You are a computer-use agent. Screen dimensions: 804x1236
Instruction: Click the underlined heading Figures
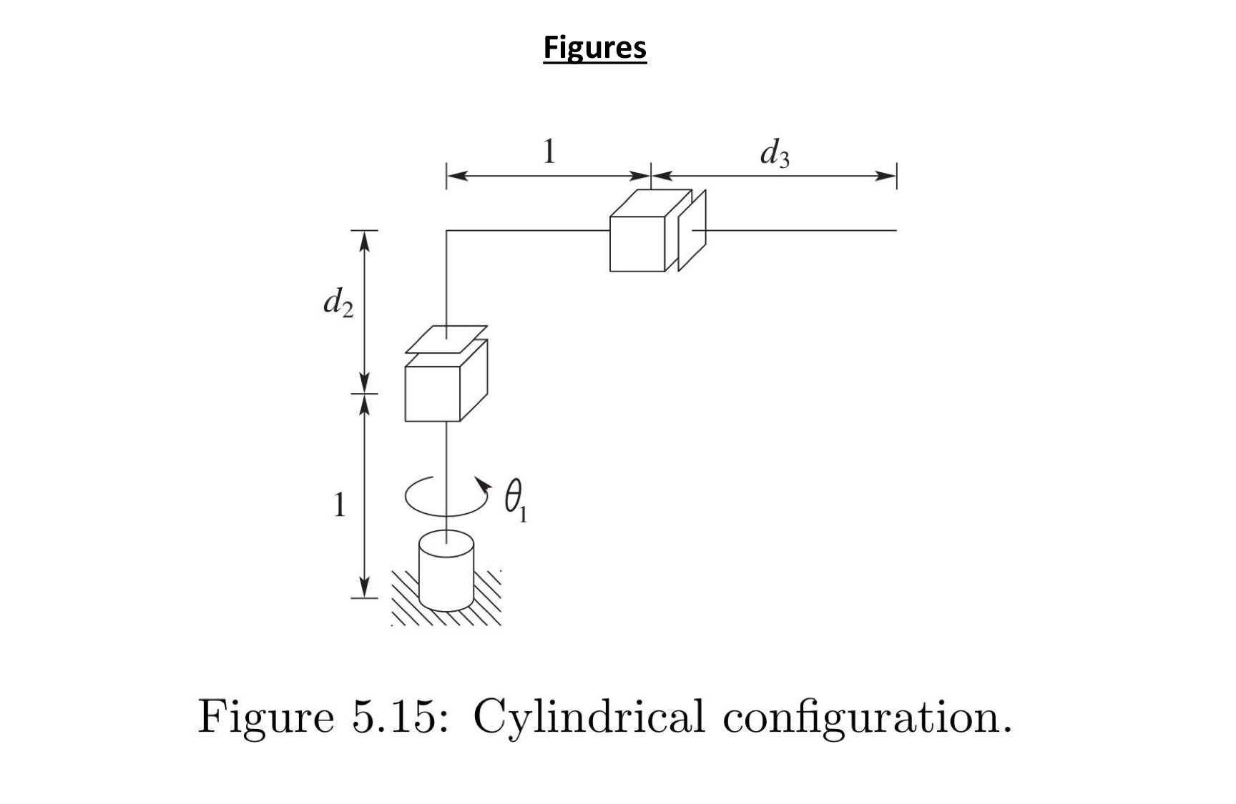point(594,48)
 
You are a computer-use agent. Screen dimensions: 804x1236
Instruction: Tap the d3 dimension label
point(775,153)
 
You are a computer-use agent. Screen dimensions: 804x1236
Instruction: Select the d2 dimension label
point(338,302)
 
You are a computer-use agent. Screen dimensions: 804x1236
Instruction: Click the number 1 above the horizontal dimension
point(549,152)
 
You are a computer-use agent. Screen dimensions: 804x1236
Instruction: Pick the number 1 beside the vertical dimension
point(340,505)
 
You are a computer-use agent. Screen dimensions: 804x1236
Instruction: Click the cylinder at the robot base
point(446,570)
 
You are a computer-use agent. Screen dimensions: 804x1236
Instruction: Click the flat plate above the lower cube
point(446,339)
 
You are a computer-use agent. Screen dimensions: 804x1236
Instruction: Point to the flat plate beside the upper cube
point(692,230)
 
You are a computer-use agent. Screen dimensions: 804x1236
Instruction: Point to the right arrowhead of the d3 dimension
point(887,176)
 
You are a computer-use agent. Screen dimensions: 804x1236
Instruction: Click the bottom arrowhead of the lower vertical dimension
point(364,587)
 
